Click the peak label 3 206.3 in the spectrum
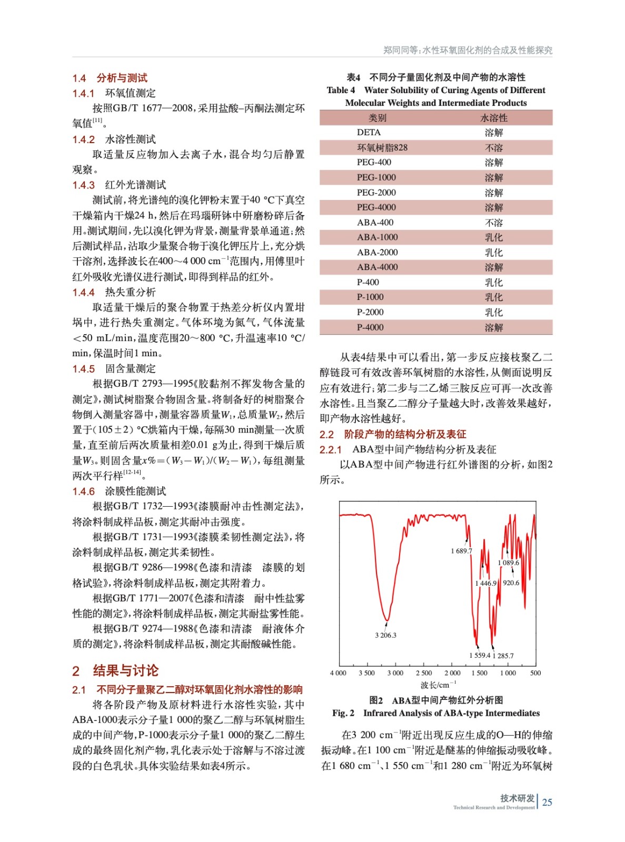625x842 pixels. tap(385, 635)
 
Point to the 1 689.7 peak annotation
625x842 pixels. tap(461, 551)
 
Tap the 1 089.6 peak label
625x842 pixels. tap(508, 563)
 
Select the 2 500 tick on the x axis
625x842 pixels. tap(423, 673)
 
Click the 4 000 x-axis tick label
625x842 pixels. tap(338, 673)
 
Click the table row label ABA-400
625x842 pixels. tap(375, 223)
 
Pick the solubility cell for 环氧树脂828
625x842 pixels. tap(494, 148)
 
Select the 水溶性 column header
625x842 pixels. tap(494, 118)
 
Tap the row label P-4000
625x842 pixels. tap(370, 327)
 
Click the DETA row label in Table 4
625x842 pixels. tap(369, 133)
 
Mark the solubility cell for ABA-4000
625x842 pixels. tap(494, 267)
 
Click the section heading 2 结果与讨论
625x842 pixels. tap(115, 670)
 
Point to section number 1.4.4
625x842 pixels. tap(83, 293)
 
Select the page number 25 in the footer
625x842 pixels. tap(547, 803)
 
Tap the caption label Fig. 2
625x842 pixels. tap(343, 713)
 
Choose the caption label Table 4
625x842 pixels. tap(341, 90)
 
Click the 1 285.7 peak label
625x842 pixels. tap(503, 656)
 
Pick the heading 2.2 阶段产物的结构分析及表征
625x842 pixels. tap(393, 434)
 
